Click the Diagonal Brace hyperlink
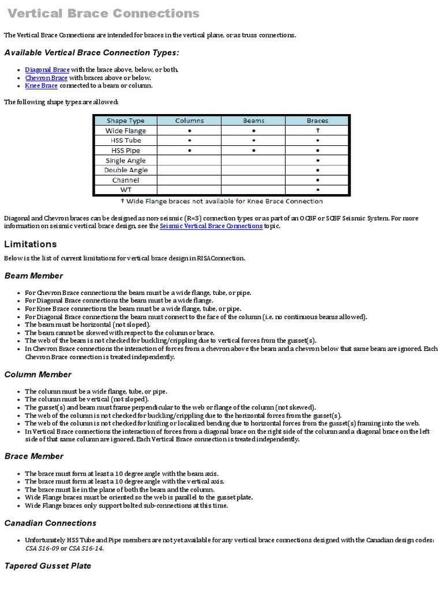47,70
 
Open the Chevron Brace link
46,78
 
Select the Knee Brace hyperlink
41,86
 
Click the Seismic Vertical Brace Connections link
211,226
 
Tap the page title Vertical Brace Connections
104,13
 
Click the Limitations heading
31,244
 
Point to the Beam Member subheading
33,276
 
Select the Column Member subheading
37,375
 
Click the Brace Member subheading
34,456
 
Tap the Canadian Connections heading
50,523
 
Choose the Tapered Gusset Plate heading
48,566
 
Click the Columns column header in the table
189,121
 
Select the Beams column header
253,121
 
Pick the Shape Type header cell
125,121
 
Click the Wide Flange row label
126,131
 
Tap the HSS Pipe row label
126,150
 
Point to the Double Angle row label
126,170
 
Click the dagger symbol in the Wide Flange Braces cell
317,131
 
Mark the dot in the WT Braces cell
317,190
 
